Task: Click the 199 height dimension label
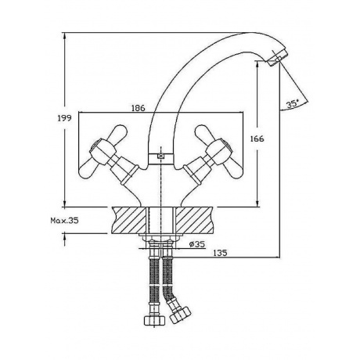(x=64, y=118)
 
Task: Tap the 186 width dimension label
(x=138, y=108)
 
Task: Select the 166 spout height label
(x=257, y=139)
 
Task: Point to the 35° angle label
(x=292, y=104)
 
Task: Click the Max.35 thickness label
(x=64, y=221)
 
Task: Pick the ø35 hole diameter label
(x=197, y=244)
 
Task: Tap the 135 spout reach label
(x=220, y=253)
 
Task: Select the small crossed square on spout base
(x=160, y=157)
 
